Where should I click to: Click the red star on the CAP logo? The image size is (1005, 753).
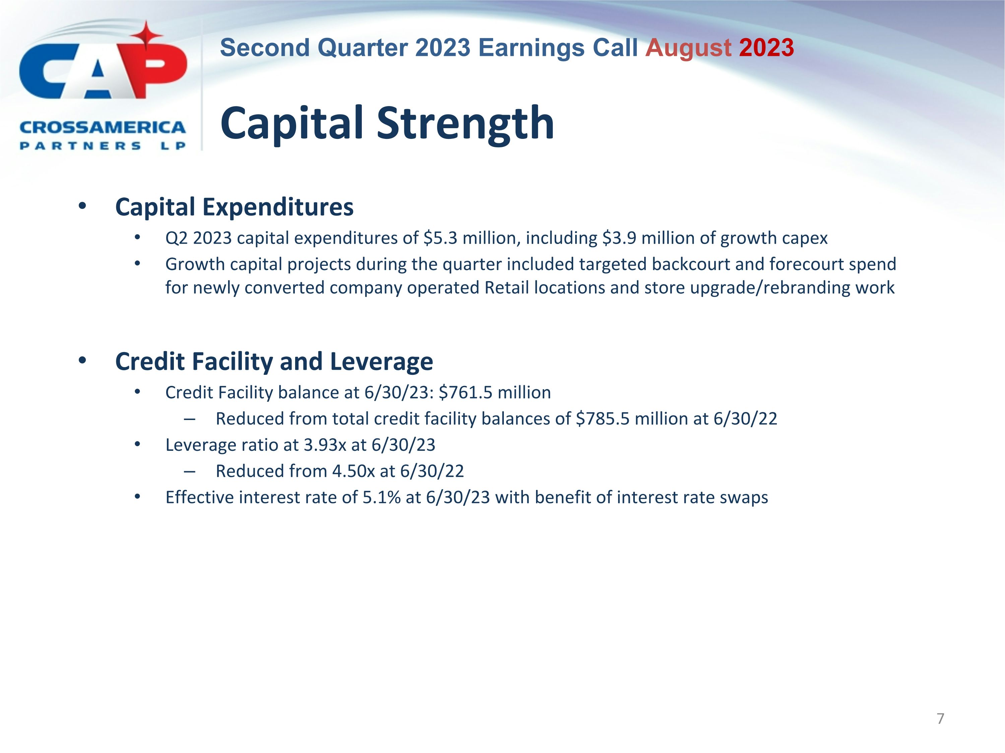(x=146, y=35)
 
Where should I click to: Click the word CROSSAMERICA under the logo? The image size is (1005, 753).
(x=103, y=128)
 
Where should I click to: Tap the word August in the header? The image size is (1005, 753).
(x=688, y=48)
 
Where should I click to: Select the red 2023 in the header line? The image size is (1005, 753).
(x=766, y=48)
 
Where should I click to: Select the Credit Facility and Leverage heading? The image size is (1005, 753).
(x=274, y=362)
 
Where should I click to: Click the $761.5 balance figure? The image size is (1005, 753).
(x=466, y=393)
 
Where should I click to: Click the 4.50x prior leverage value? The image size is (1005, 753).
(x=353, y=471)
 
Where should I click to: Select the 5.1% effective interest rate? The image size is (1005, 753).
(x=381, y=497)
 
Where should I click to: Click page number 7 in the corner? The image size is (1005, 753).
(x=940, y=719)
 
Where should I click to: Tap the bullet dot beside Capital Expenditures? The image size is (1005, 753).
(x=82, y=206)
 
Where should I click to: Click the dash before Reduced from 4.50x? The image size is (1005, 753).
(x=190, y=472)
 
